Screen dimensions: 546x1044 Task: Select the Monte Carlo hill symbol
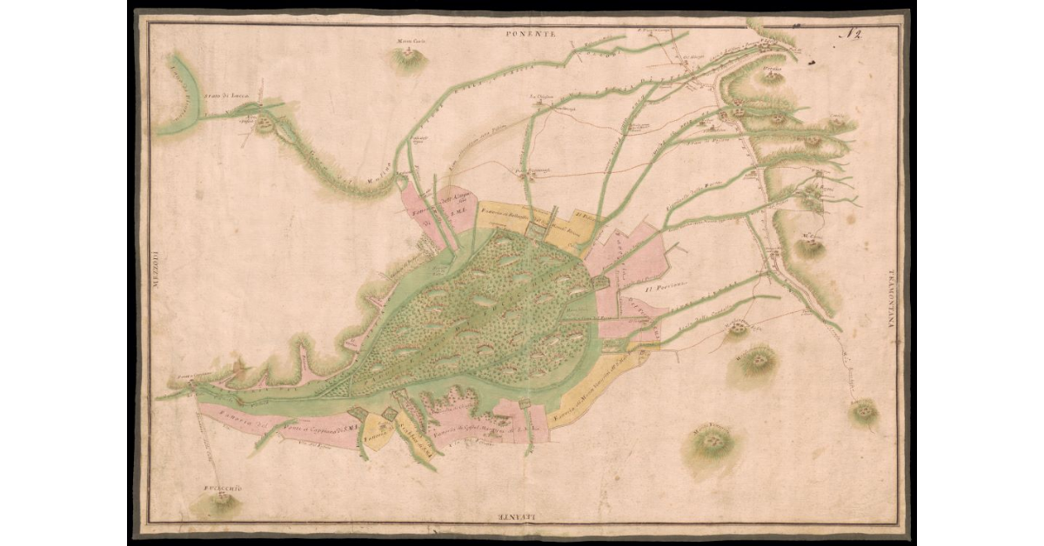(x=408, y=59)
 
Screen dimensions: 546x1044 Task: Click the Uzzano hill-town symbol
(x=771, y=76)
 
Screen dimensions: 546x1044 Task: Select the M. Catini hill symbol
(x=812, y=247)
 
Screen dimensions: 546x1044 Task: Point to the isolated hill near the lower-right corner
(x=863, y=410)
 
